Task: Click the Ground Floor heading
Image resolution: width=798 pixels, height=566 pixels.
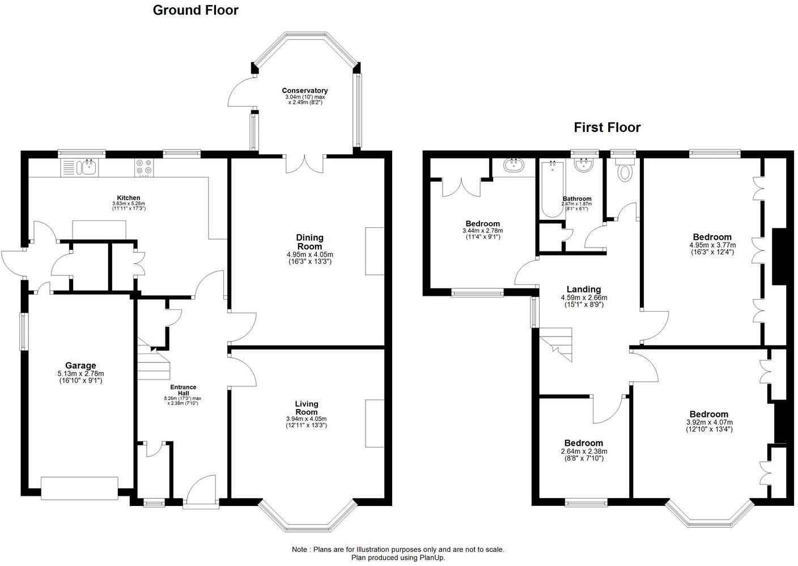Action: pos(196,10)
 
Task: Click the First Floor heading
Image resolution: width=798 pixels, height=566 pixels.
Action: pos(607,127)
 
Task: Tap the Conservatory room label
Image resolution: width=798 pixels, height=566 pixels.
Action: pos(305,91)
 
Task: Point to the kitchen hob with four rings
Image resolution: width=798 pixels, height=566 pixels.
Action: pos(143,167)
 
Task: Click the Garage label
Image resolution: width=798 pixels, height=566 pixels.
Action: pos(80,365)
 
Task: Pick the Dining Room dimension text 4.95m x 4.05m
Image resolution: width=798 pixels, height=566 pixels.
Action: pos(309,254)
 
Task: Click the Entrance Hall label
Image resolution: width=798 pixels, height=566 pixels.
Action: pos(183,390)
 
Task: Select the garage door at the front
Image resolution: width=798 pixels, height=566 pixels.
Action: pos(79,488)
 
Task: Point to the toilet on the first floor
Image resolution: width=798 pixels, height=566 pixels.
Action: pos(625,171)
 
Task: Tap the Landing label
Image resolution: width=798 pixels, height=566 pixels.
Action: pos(584,290)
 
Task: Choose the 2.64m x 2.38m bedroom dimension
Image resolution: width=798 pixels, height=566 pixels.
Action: pos(584,452)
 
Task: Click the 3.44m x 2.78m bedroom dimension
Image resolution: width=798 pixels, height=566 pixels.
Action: pos(482,231)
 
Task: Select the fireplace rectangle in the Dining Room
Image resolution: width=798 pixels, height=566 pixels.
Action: pos(375,251)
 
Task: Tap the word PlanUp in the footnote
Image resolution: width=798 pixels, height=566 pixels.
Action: pos(431,558)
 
